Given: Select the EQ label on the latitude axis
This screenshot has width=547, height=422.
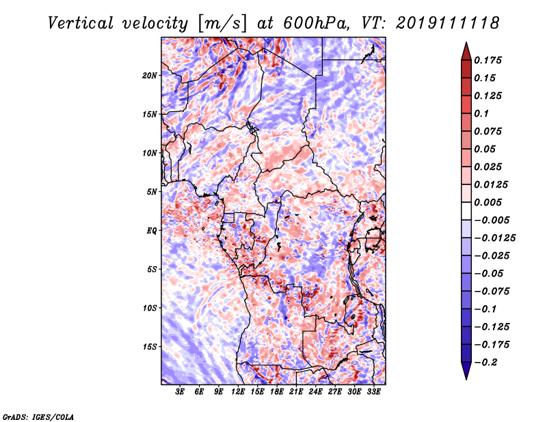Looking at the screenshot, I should pyautogui.click(x=152, y=230).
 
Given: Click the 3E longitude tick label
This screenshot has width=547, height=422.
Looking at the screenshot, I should pyautogui.click(x=181, y=392).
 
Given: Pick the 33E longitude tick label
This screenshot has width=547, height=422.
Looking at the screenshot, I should pyautogui.click(x=374, y=392).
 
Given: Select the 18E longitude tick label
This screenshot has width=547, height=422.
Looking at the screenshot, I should pyautogui.click(x=277, y=392).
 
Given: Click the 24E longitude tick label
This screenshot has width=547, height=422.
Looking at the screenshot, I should pyautogui.click(x=316, y=392).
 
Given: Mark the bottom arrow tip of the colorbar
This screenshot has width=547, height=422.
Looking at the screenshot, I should pyautogui.click(x=465, y=378).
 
